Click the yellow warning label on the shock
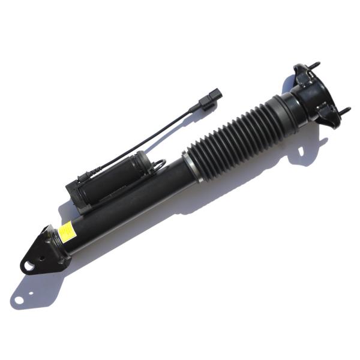pyautogui.click(x=67, y=232)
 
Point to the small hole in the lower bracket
pyautogui.click(x=42, y=244)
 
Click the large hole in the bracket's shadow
pyautogui.click(x=19, y=298)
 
